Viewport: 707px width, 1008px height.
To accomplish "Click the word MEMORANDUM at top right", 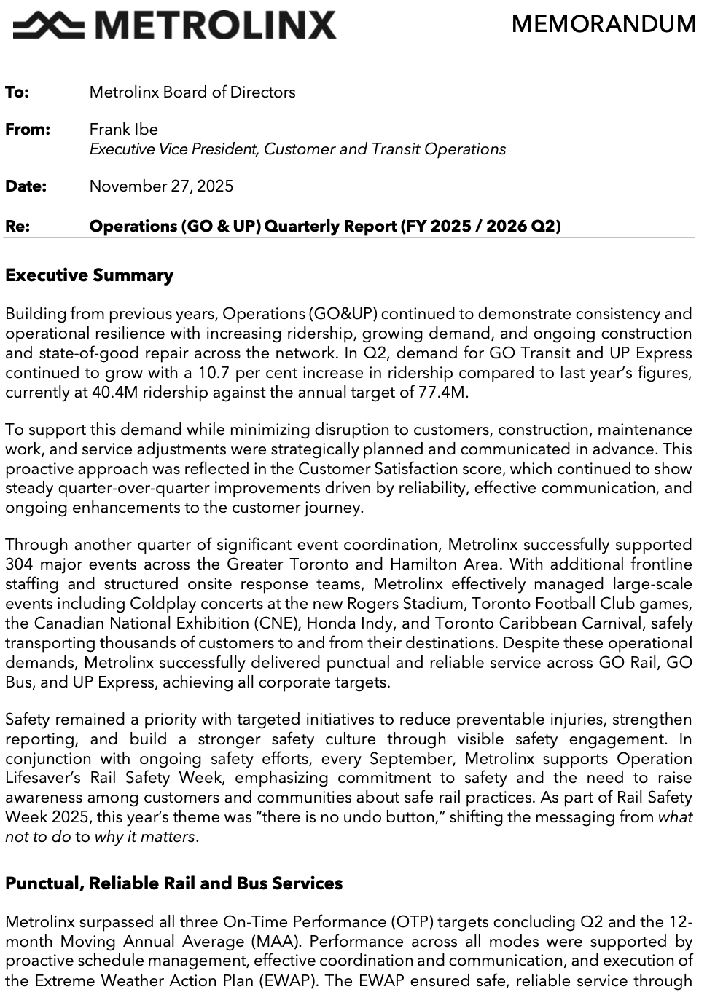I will (x=604, y=24).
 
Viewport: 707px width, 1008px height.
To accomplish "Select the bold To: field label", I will (x=17, y=92).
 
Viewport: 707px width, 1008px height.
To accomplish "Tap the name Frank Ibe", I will (x=123, y=130).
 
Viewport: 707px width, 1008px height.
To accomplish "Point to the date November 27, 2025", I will (x=161, y=186).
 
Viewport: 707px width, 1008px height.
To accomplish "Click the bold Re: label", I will (x=17, y=226).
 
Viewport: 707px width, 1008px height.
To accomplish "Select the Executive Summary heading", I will (x=89, y=275).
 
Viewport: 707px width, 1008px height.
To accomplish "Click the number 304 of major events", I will (x=19, y=564).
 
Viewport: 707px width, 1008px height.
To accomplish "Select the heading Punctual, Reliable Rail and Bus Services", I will (x=173, y=883).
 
